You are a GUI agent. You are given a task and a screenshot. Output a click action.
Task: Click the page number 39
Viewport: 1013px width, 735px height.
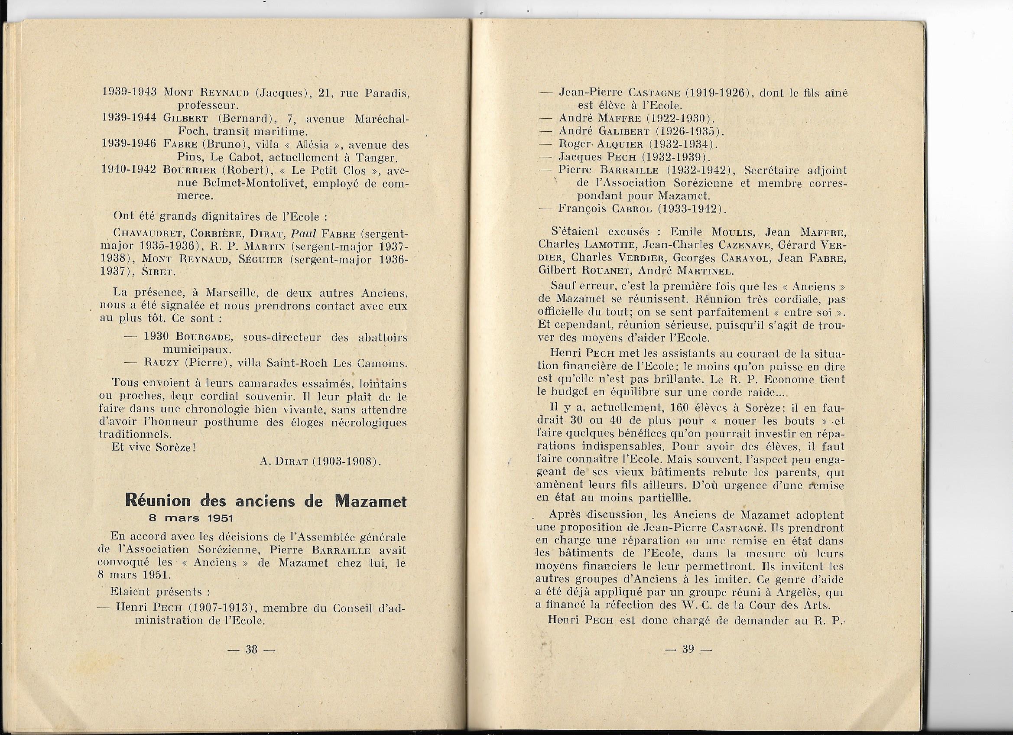pyautogui.click(x=688, y=649)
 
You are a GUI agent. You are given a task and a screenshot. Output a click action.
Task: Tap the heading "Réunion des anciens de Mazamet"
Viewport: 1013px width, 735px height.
pyautogui.click(x=266, y=501)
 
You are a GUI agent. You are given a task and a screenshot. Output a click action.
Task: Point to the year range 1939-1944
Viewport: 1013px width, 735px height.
pyautogui.click(x=129, y=118)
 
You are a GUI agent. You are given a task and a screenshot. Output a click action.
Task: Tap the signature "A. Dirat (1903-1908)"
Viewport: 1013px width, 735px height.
pyautogui.click(x=320, y=461)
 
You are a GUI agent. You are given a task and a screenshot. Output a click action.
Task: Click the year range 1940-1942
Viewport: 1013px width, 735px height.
pyautogui.click(x=129, y=170)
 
